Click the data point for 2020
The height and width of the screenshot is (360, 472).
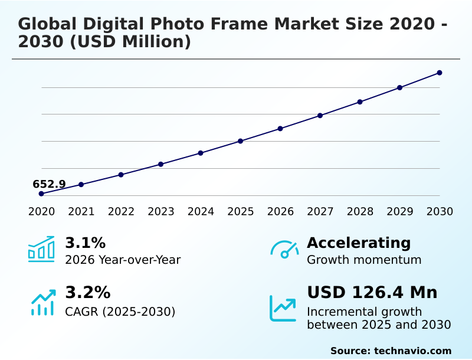click(x=41, y=194)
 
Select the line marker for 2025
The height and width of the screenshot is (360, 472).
click(x=241, y=141)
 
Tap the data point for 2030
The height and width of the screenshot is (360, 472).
click(x=440, y=73)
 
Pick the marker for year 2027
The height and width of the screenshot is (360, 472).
click(x=320, y=116)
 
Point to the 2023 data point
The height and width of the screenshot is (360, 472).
click(x=160, y=164)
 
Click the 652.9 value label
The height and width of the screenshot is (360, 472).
click(x=49, y=184)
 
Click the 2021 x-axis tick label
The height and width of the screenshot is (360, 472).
click(x=81, y=212)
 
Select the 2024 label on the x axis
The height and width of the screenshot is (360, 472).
click(x=201, y=212)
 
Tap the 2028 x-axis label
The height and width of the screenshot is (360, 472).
click(x=360, y=212)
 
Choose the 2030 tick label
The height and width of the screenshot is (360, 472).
click(x=440, y=212)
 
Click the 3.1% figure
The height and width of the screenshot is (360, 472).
click(x=85, y=243)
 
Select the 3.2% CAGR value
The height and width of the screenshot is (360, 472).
click(x=87, y=293)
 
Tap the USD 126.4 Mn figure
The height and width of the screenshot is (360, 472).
click(x=372, y=293)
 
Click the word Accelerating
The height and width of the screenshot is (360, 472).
click(x=359, y=243)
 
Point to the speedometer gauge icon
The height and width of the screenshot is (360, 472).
click(x=284, y=249)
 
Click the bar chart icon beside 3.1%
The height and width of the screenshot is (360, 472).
click(x=41, y=249)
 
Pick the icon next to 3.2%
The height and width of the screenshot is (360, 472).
click(x=42, y=302)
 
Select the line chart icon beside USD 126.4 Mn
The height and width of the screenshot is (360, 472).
click(x=283, y=308)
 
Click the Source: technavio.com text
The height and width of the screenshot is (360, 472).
click(x=391, y=351)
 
